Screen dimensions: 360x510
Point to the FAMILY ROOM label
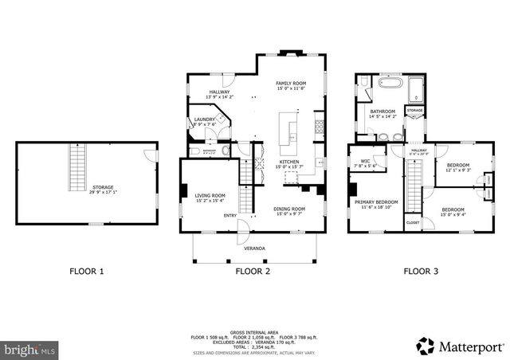click(x=291, y=84)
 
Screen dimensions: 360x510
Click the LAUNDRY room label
click(x=204, y=119)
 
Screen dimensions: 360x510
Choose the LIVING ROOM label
click(x=210, y=195)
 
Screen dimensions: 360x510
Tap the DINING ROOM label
click(x=290, y=209)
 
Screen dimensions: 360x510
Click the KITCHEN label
click(x=289, y=162)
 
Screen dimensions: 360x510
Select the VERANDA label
click(x=255, y=248)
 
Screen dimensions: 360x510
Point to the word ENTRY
click(x=229, y=215)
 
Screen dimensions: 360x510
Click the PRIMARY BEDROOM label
click(x=376, y=202)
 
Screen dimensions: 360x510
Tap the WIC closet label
click(x=365, y=161)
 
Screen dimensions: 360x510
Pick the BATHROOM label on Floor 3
click(x=382, y=112)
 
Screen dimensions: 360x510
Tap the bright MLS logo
click(x=29, y=349)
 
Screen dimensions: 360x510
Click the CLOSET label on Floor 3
click(x=412, y=222)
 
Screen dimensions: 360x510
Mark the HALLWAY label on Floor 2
click(x=220, y=92)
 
